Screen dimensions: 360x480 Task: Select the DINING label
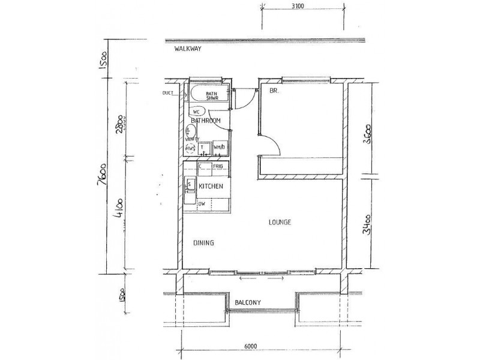pyautogui.click(x=204, y=243)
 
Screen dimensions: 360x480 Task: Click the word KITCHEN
pyautogui.click(x=211, y=187)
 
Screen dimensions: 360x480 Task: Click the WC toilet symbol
pyautogui.click(x=198, y=112)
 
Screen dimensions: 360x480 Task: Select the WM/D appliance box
pyautogui.click(x=219, y=148)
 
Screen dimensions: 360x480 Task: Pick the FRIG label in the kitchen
pyautogui.click(x=218, y=166)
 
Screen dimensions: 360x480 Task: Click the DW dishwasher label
pyautogui.click(x=202, y=203)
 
